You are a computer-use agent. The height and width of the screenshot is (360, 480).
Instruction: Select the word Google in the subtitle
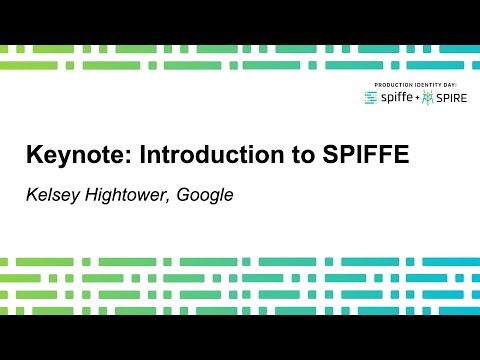pos(205,194)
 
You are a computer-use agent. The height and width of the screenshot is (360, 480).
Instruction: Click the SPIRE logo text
pos(450,98)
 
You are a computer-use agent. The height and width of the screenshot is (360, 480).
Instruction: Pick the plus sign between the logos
pos(417,98)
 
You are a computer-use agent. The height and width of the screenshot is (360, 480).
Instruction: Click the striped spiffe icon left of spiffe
pos(371,98)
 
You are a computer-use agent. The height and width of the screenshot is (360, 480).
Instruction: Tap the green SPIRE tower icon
pos(428,97)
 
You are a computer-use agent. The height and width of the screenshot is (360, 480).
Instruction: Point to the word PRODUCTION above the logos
pos(394,84)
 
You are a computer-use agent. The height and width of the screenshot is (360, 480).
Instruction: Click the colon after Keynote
pos(130,158)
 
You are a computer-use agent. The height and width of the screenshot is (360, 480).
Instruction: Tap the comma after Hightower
pos(171,199)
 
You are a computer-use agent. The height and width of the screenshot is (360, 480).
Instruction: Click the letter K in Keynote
pos(34,156)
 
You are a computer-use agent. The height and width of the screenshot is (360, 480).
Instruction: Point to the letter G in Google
pos(184,194)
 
